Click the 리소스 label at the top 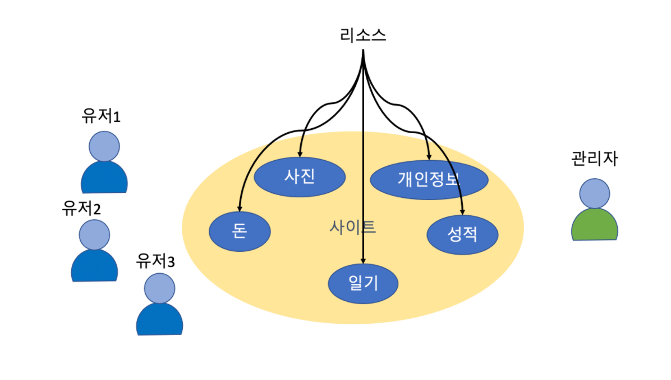click(x=363, y=36)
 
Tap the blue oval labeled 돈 click(x=240, y=231)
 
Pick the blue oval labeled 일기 click(x=363, y=283)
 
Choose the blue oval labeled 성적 click(x=462, y=234)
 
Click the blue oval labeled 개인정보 click(x=429, y=180)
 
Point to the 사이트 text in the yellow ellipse click(x=352, y=227)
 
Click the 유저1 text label click(x=102, y=117)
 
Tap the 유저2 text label click(x=82, y=209)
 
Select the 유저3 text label click(x=156, y=261)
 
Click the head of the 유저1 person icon click(x=104, y=146)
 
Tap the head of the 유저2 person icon click(x=94, y=235)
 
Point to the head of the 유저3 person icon click(x=159, y=288)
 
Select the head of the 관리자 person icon click(x=595, y=193)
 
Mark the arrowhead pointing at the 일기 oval click(x=364, y=260)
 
